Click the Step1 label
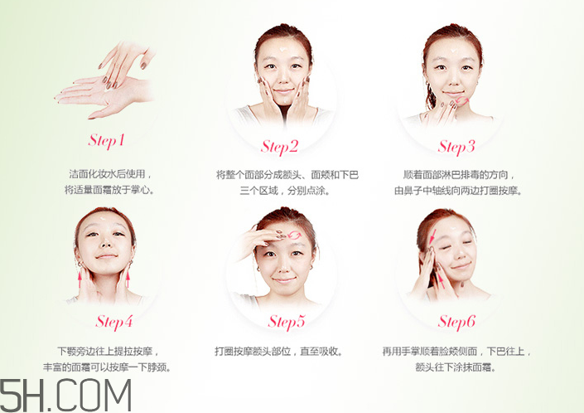coord(106,139)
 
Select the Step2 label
coord(279,147)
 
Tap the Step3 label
coord(456,147)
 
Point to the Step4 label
coord(114,321)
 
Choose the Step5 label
coord(287,321)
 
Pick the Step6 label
coord(457,321)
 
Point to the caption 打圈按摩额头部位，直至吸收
coord(278,351)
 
